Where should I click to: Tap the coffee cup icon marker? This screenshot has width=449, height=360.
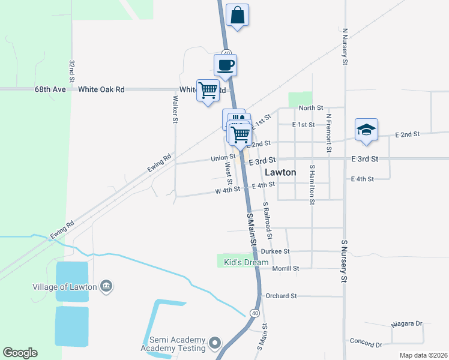[x=226, y=65]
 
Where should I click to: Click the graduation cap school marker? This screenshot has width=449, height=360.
[x=366, y=130]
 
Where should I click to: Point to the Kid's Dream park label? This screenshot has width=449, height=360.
[x=246, y=263]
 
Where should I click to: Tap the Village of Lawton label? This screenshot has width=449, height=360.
[x=65, y=286]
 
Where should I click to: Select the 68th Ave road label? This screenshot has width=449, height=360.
[x=50, y=89]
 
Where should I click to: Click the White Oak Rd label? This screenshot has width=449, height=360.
[x=101, y=89]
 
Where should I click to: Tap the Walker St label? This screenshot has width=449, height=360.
[x=175, y=109]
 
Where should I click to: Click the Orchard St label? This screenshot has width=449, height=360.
[x=282, y=296]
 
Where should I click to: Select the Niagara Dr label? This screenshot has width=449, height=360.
[x=406, y=323]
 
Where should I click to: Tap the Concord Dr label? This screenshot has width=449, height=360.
[x=366, y=342]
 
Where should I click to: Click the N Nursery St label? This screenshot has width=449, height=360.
[x=345, y=45]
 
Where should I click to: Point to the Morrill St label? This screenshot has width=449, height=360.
[x=286, y=268]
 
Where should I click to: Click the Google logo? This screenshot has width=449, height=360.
[x=20, y=353]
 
